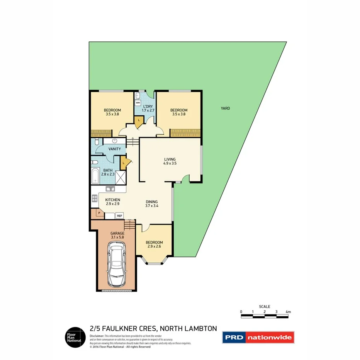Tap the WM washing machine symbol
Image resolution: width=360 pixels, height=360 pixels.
point(138,103)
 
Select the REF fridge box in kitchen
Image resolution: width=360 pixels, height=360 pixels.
point(119,216)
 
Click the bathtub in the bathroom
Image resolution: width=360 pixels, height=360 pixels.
point(95,177)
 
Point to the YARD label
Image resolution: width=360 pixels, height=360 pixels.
point(225,109)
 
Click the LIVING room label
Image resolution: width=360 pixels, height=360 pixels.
point(170,159)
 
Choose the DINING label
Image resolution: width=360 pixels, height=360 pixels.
point(151,202)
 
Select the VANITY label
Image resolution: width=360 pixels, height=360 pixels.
point(114,149)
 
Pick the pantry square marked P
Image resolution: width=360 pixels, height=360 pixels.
point(99,213)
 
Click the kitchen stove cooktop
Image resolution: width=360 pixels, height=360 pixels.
point(94,199)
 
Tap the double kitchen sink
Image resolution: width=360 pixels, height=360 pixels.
point(110,189)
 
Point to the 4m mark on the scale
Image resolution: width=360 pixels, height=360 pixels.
point(288,312)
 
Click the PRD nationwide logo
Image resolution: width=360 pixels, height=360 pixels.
point(258,338)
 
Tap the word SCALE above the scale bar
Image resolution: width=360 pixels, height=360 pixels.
point(265,307)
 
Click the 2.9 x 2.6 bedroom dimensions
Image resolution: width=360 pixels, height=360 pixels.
point(154,246)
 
